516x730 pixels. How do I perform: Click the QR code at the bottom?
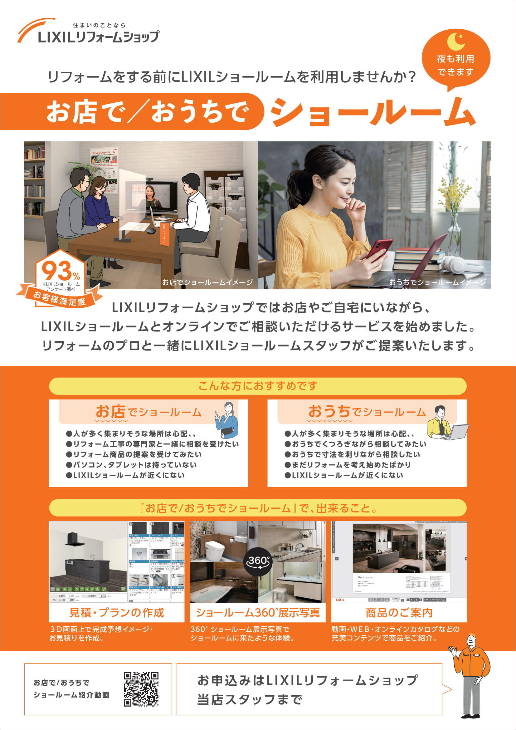click(x=141, y=689)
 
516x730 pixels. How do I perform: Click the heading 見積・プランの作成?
click(x=116, y=612)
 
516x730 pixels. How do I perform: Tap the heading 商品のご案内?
click(x=399, y=612)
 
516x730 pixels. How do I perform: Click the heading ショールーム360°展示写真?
click(x=258, y=612)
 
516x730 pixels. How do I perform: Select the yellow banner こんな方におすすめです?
click(x=258, y=386)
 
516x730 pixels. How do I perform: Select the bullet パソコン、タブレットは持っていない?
click(x=132, y=465)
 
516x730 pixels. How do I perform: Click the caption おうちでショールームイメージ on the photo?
click(x=437, y=282)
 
